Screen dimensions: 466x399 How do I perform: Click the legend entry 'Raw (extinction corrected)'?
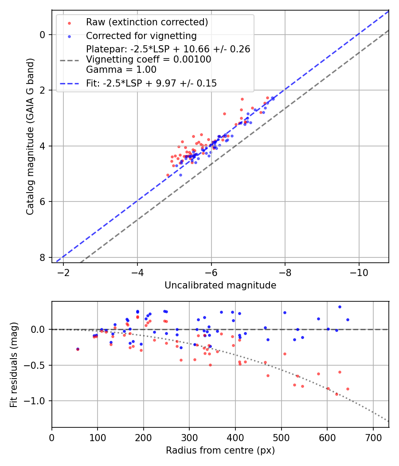147,22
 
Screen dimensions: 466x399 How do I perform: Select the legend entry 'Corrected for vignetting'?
141,36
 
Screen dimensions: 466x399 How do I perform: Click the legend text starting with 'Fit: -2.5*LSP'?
151,83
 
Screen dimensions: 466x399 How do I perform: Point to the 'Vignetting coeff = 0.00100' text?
149,59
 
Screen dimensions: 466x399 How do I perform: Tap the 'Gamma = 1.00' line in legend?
121,70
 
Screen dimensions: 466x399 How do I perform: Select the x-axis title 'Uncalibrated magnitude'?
220,285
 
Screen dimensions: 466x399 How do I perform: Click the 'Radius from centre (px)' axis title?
220,450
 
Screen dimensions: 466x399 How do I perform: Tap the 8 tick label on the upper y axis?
43,257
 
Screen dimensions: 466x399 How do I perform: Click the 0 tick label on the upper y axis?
43,35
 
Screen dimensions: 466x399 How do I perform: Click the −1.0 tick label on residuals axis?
36,401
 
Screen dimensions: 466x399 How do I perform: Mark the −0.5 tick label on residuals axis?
36,365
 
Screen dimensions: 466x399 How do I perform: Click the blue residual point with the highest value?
340,307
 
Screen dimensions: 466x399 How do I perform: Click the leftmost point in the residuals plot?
78,349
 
